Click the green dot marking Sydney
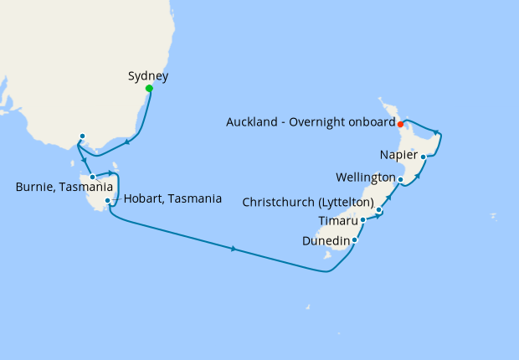pyautogui.click(x=149, y=88)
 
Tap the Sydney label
pyautogui.click(x=148, y=76)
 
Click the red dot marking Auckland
pyautogui.click(x=401, y=124)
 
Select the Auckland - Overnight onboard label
pyautogui.click(x=311, y=122)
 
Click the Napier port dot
pyautogui.click(x=424, y=157)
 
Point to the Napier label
pyautogui.click(x=398, y=155)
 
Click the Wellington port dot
pyautogui.click(x=401, y=179)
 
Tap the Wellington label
pyautogui.click(x=365, y=178)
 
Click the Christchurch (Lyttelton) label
pyautogui.click(x=307, y=202)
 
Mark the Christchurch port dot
pyautogui.click(x=379, y=210)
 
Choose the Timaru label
pyautogui.click(x=338, y=222)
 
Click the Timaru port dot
pyautogui.click(x=362, y=220)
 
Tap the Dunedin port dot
pyautogui.click(x=355, y=241)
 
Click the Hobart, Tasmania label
pyautogui.click(x=172, y=199)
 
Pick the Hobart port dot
pyautogui.click(x=108, y=201)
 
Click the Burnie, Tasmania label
pyautogui.click(x=64, y=188)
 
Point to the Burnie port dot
pyautogui.click(x=92, y=177)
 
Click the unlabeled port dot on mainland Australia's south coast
pyautogui.click(x=82, y=136)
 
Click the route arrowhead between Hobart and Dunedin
pyautogui.click(x=234, y=249)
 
